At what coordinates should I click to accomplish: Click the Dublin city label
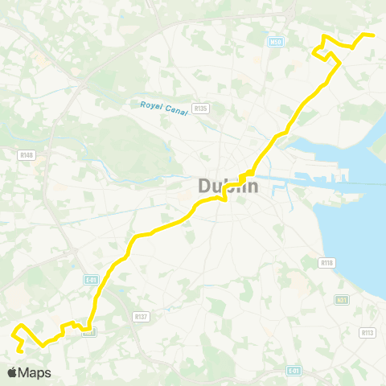coord(228,187)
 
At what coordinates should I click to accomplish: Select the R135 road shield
coord(201,109)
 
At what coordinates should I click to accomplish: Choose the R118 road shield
coord(326,262)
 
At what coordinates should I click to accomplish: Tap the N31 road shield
coord(342,299)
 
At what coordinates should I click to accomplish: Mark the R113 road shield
coord(368,332)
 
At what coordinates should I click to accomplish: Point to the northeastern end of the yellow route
coord(374,35)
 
